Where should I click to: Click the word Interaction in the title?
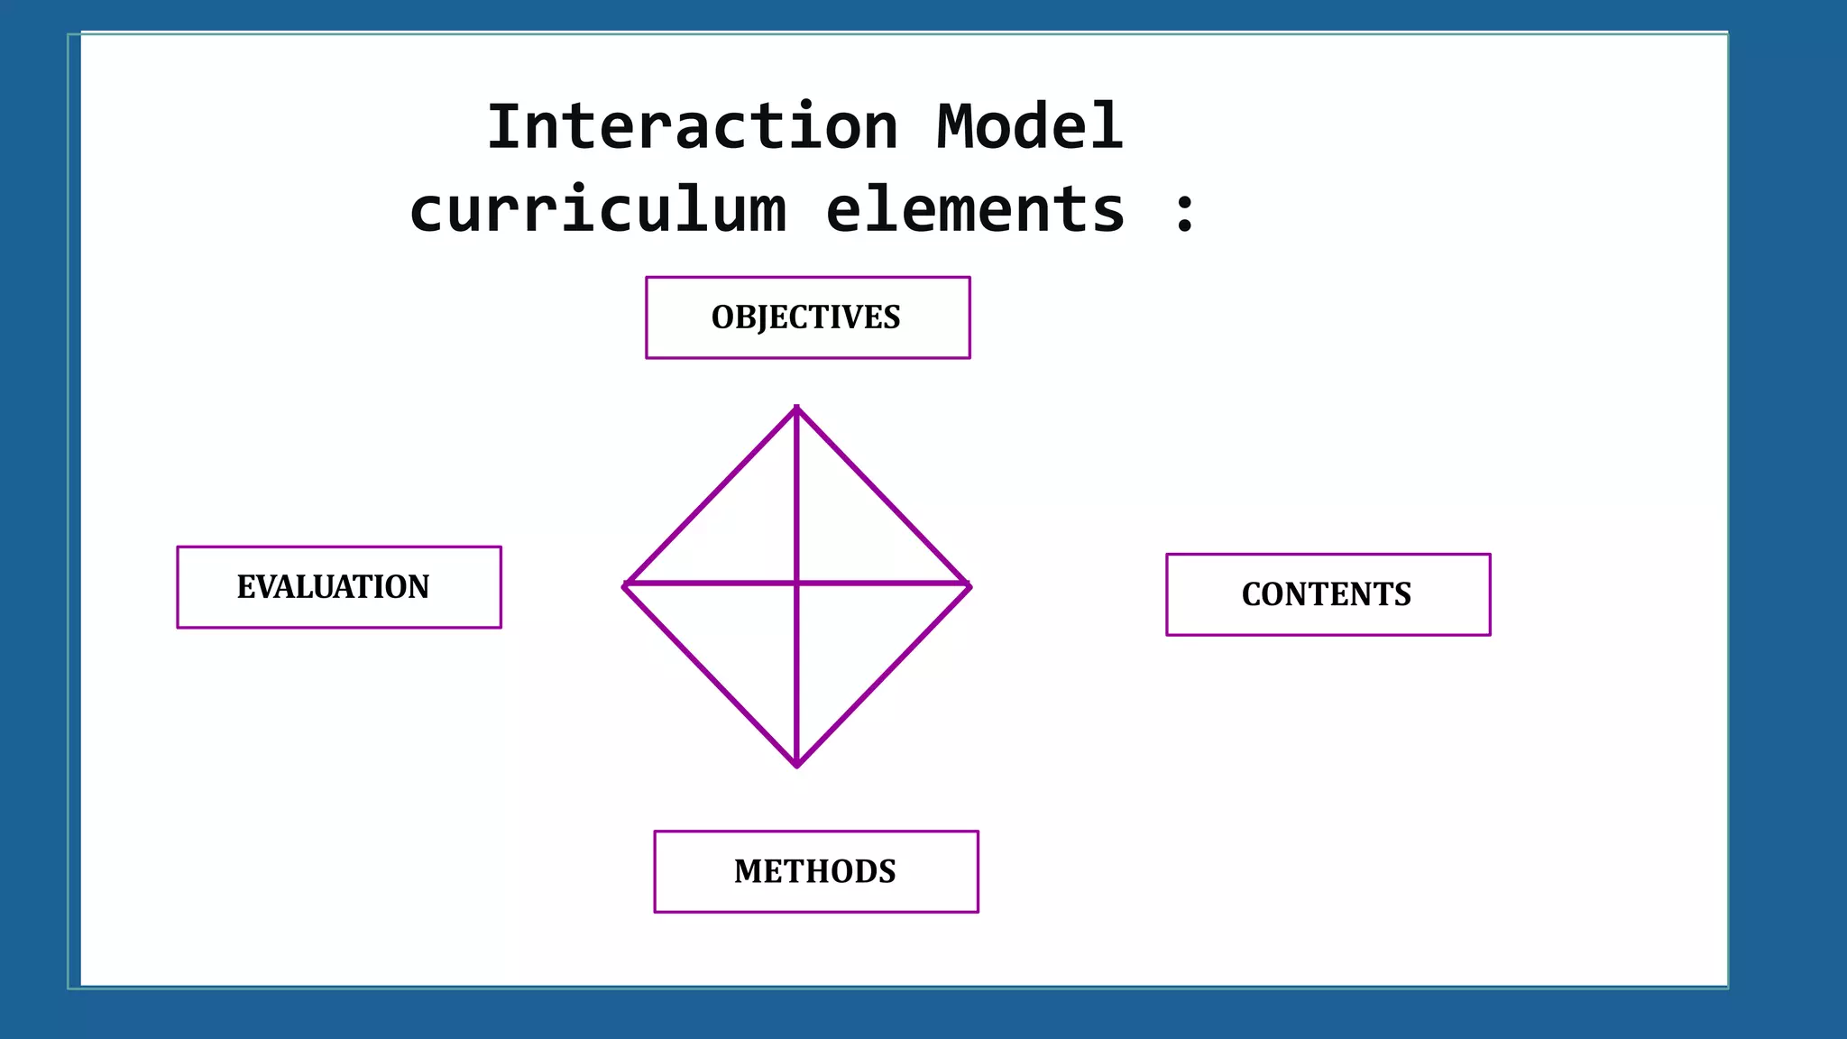692,127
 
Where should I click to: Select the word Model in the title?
1029,127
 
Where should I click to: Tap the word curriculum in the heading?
597,210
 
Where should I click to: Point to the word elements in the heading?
975,210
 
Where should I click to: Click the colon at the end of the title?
1185,213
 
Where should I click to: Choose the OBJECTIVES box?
807,317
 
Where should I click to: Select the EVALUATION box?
338,587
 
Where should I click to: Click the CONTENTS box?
1328,594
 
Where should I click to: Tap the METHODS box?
815,871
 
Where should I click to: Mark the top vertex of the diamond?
796,409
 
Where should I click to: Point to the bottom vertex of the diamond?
796,765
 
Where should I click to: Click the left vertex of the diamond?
625,585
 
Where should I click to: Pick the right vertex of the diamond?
969,585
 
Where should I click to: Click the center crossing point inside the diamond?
796,584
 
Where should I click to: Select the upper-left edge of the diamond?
711,497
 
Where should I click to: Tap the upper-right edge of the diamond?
883,497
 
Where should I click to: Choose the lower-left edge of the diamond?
711,676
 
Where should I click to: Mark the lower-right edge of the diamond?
883,676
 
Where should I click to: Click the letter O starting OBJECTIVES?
722,317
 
